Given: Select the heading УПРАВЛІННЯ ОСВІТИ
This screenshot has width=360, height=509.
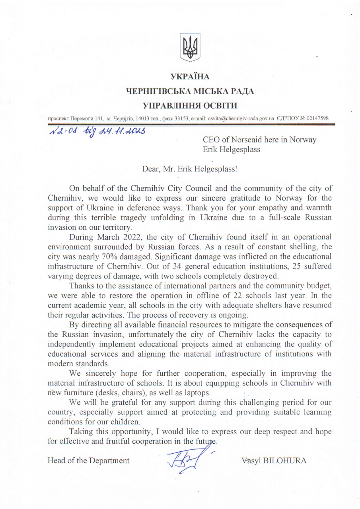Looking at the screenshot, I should click(190, 105).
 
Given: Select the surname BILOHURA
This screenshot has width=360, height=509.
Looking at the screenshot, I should click(285, 460).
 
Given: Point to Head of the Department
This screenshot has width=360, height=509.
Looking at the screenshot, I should click(88, 460).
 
